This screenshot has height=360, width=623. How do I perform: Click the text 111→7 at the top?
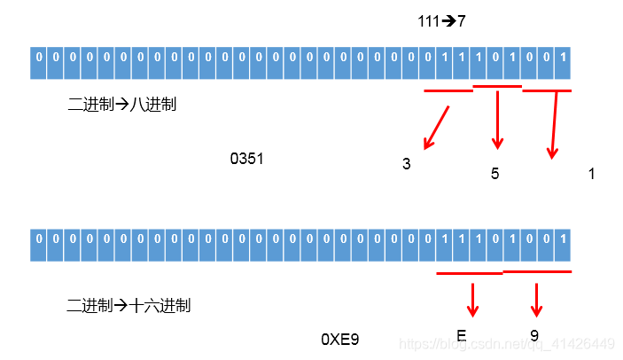click(441, 21)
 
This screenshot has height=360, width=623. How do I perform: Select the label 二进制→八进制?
click(122, 105)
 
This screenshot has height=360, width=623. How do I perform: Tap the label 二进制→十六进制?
click(128, 306)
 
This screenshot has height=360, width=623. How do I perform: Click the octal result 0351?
click(246, 159)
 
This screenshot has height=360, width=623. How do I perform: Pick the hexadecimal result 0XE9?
click(339, 339)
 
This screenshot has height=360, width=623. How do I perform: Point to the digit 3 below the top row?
click(406, 164)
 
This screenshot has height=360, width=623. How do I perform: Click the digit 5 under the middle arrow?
click(495, 174)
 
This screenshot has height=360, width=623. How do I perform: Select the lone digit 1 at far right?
click(591, 174)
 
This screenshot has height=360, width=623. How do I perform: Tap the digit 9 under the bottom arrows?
click(534, 335)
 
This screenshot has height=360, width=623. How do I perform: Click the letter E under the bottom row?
click(462, 335)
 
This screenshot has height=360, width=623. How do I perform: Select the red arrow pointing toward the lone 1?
click(555, 124)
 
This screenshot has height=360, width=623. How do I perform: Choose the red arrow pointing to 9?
click(535, 300)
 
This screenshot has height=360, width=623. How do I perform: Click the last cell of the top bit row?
click(563, 63)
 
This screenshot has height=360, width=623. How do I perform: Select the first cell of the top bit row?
click(38, 63)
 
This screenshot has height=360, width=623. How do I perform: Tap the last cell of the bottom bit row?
click(563, 245)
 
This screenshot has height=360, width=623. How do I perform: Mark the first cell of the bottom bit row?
click(38, 245)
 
